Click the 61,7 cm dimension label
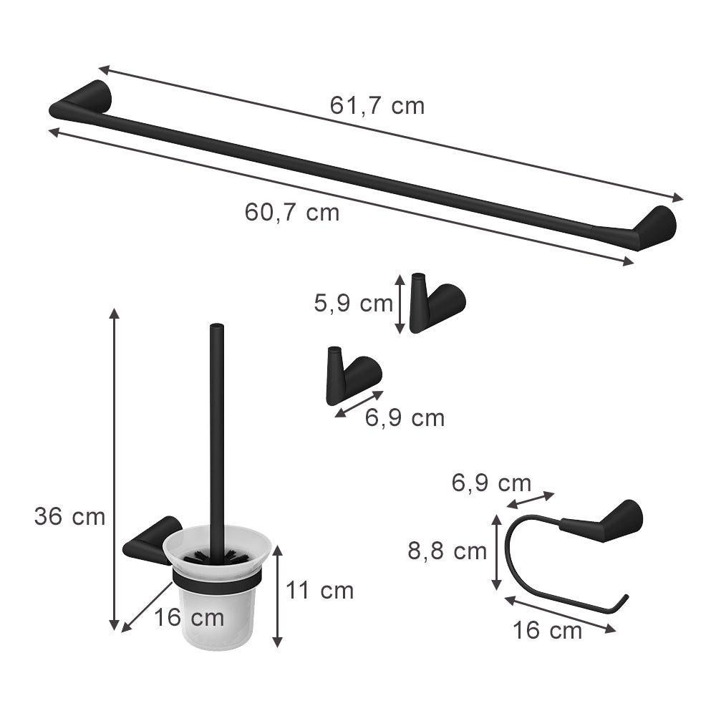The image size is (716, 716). pyautogui.click(x=377, y=106)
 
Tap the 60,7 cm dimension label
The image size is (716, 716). pyautogui.click(x=291, y=212)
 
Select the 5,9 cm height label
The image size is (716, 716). pyautogui.click(x=353, y=304)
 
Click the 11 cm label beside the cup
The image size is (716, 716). pyautogui.click(x=320, y=591)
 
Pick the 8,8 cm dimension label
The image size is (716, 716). pyautogui.click(x=447, y=551)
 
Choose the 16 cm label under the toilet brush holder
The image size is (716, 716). pyautogui.click(x=189, y=617)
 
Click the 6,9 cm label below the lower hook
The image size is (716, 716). pyautogui.click(x=405, y=417)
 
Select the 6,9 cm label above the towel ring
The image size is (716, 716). pyautogui.click(x=491, y=483)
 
